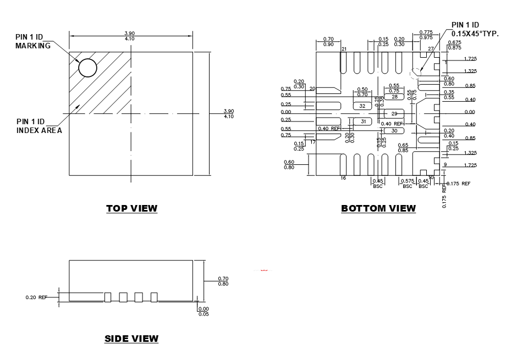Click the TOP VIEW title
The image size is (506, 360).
pos(131,208)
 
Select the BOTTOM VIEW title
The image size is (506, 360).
pos(378,208)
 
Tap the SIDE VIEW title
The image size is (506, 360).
pos(131,339)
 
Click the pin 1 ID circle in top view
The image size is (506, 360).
pos(87,68)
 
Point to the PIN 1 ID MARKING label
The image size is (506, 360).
pos(33,42)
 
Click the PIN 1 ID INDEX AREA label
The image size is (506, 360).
pos(39,126)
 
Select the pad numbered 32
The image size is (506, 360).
pos(362,106)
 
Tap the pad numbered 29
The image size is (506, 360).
pos(394,114)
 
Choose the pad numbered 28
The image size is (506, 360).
pos(394,97)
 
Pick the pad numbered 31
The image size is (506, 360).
pos(363,121)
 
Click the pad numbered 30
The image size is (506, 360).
pos(394,131)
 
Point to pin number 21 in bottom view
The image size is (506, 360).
pos(344,49)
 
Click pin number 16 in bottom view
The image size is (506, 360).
pos(343,178)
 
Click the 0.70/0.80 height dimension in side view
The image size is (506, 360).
pos(223,281)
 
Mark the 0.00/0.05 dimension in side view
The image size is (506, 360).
pos(204,312)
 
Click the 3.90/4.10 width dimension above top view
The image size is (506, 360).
pos(130,36)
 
